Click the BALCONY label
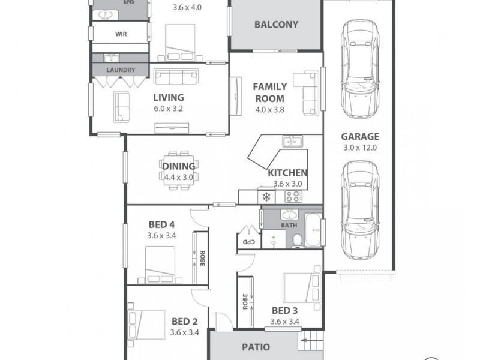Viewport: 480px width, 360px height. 276,25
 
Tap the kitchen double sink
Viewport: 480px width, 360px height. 292,142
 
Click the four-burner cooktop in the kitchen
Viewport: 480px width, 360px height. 294,196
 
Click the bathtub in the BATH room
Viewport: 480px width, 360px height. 314,230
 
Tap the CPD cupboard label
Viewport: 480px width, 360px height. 247,242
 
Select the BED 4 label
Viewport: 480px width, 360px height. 161,225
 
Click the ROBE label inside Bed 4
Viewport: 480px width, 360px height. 203,258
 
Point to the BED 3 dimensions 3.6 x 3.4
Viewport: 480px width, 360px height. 284,322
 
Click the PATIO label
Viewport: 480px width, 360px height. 256,347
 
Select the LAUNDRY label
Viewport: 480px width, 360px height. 121,70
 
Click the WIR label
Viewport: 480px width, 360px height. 121,34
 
